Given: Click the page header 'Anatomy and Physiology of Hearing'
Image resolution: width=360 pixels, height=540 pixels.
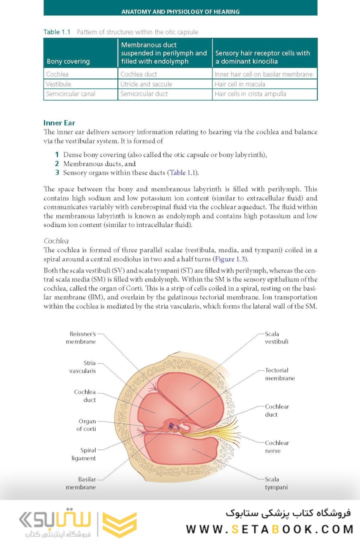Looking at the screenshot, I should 180,11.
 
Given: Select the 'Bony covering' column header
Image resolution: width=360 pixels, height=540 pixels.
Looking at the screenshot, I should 68,61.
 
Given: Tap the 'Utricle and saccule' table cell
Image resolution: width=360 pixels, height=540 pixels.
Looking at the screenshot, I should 146,84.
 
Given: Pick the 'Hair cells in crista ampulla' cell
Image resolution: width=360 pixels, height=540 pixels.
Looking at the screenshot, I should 250,94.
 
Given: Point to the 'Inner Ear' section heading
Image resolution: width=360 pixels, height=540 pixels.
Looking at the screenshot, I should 59,122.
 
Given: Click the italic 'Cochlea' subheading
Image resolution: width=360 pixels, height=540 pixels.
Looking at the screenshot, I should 56,240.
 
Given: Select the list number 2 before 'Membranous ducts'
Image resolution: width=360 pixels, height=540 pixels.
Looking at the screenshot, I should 57,163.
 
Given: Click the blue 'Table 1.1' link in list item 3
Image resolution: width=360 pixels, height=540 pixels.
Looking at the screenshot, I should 182,172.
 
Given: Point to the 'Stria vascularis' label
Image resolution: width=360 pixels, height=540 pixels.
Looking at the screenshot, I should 82,366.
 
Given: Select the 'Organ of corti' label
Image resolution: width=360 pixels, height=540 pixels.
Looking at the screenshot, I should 86,425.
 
